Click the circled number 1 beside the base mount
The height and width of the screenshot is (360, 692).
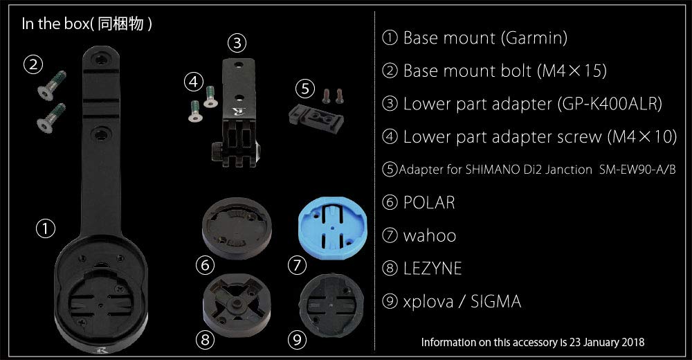(46, 229)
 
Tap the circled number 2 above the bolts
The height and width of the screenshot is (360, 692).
(33, 65)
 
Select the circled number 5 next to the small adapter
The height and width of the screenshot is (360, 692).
(304, 88)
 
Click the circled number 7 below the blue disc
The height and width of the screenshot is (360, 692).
(296, 265)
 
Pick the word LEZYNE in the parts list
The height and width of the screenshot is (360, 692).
(432, 269)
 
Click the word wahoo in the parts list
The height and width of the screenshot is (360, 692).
(430, 235)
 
